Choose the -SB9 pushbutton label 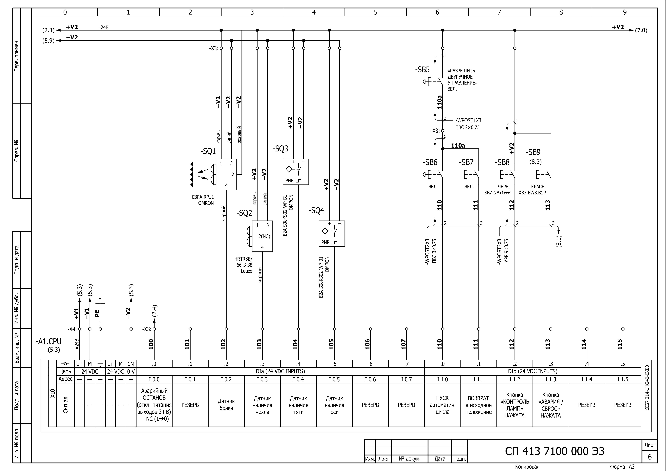(533, 152)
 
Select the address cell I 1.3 (551, 379)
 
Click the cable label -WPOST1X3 (468, 120)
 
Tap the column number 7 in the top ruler (499, 12)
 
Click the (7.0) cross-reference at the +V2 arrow (641, 30)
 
